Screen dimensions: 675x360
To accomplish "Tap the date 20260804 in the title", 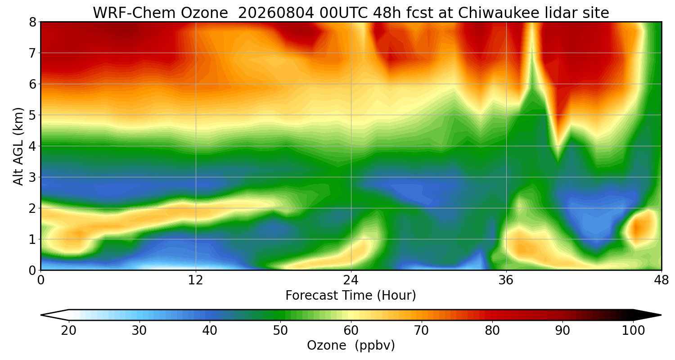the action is pyautogui.click(x=276, y=13).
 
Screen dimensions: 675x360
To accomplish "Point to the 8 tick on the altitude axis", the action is pyautogui.click(x=32, y=22).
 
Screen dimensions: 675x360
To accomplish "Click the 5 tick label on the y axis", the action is pyautogui.click(x=32, y=115).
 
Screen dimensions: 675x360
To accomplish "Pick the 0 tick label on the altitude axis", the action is pyautogui.click(x=32, y=270).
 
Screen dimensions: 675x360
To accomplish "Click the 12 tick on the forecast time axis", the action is pyautogui.click(x=196, y=280).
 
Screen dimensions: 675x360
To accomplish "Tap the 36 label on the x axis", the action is pyautogui.click(x=506, y=280).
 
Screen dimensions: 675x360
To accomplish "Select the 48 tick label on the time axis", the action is pyautogui.click(x=661, y=280).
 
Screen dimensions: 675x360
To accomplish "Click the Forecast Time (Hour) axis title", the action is pyautogui.click(x=351, y=296).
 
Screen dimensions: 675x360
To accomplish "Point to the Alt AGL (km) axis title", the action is pyautogui.click(x=18, y=146).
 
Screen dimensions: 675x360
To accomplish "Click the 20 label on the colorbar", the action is pyautogui.click(x=69, y=331).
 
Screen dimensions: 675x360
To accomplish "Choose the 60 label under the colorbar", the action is pyautogui.click(x=351, y=331).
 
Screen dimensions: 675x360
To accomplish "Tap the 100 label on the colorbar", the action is pyautogui.click(x=633, y=331).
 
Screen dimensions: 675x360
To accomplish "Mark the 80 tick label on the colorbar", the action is pyautogui.click(x=492, y=331).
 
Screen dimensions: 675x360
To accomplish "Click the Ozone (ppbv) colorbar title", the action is pyautogui.click(x=351, y=346).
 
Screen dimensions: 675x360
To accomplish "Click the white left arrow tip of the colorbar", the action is pyautogui.click(x=41, y=315).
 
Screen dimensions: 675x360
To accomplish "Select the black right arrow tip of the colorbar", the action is pyautogui.click(x=661, y=315).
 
